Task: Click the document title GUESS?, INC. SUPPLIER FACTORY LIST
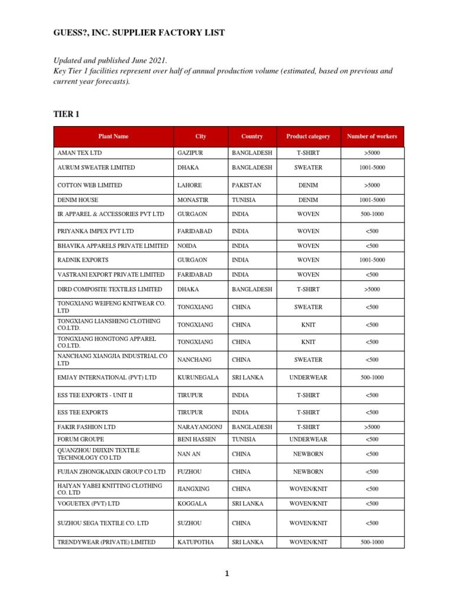click(139, 33)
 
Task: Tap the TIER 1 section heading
click(66, 114)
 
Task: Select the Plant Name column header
click(113, 137)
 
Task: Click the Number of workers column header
click(372, 137)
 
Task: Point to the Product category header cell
click(308, 137)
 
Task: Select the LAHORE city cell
click(189, 185)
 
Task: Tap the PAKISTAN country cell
click(247, 185)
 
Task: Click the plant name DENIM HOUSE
click(77, 200)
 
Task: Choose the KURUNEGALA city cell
click(198, 378)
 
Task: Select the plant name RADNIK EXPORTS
click(83, 260)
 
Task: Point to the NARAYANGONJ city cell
click(200, 427)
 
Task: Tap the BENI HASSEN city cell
click(196, 440)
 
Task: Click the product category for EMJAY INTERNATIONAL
click(308, 378)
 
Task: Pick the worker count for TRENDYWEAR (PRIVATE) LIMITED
click(372, 542)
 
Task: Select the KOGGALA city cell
click(191, 504)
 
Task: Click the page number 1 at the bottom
click(227, 573)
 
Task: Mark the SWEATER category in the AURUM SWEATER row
click(308, 167)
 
